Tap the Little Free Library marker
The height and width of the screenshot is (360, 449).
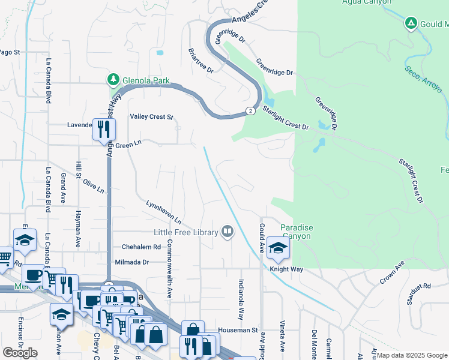(x=228, y=231)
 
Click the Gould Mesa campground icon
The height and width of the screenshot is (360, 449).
(x=411, y=23)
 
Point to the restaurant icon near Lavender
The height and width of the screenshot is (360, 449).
(x=104, y=128)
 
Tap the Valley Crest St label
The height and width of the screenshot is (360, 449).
(x=151, y=117)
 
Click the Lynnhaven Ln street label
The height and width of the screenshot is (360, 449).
(x=163, y=212)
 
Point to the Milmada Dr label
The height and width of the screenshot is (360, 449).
(x=131, y=262)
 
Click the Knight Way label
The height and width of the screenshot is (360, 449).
(x=286, y=269)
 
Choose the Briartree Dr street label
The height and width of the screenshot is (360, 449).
(x=200, y=61)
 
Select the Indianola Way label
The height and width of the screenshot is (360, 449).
(x=241, y=299)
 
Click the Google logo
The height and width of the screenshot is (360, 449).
(x=20, y=353)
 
